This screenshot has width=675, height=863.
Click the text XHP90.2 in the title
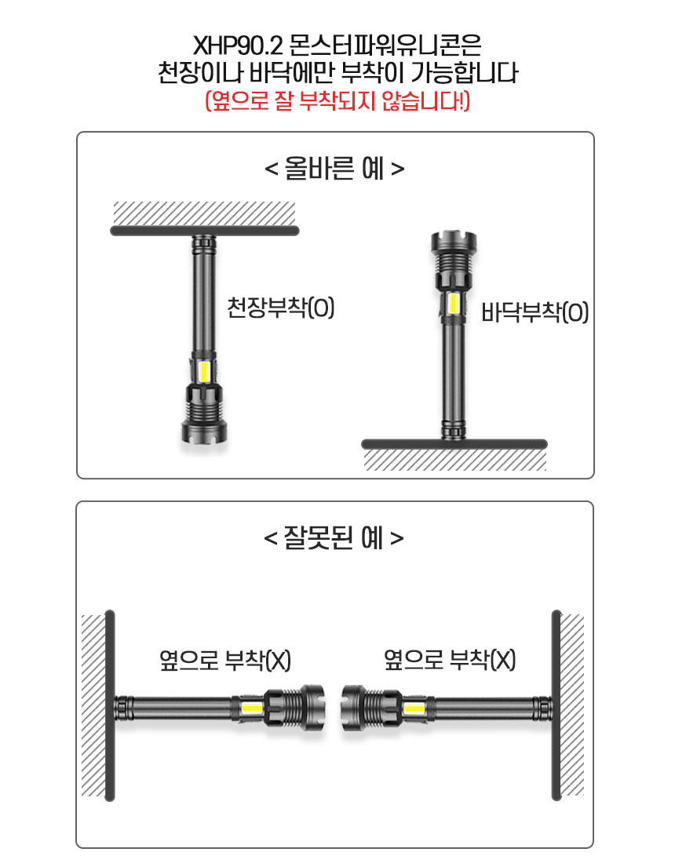(x=238, y=46)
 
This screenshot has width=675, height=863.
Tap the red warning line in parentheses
(x=337, y=100)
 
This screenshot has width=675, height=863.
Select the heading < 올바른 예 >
(x=334, y=169)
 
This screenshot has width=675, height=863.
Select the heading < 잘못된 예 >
(x=334, y=537)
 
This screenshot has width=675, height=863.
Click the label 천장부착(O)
(x=281, y=307)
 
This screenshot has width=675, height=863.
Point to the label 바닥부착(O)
(x=535, y=312)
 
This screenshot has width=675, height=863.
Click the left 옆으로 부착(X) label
(x=225, y=659)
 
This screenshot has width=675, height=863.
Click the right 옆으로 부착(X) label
(x=450, y=659)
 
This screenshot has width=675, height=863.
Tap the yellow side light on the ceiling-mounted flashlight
(x=204, y=372)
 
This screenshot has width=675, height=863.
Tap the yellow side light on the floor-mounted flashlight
(x=453, y=304)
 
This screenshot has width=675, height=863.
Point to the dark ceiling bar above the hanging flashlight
(x=205, y=231)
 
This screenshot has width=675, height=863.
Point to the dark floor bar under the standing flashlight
(x=454, y=443)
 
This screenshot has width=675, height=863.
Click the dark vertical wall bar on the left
(x=110, y=705)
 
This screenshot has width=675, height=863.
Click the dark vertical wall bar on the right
(x=556, y=705)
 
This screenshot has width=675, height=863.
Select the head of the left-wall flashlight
(x=312, y=708)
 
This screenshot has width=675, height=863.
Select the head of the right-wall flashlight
(x=353, y=708)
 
